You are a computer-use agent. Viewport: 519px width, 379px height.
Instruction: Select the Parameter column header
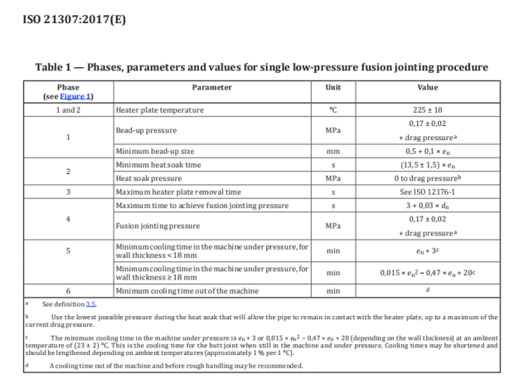212,87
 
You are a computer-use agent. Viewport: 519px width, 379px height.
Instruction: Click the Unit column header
333,87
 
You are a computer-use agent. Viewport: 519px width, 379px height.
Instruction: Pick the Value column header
427,87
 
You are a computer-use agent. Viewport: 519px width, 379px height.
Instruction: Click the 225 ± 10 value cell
427,109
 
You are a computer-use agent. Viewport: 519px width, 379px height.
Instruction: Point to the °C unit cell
333,109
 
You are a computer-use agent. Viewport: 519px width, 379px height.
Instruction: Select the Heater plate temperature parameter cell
160,109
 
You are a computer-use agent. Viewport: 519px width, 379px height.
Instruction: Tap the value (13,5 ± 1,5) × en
427,165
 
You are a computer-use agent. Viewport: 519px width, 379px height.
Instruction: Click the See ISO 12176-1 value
427,192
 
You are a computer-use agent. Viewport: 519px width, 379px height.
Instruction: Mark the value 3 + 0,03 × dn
427,205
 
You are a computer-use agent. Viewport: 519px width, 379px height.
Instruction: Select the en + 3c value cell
427,250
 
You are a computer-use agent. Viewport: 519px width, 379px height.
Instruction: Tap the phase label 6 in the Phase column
68,291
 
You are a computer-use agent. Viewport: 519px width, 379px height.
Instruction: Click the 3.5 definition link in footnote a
92,304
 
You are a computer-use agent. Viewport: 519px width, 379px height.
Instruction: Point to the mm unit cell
333,152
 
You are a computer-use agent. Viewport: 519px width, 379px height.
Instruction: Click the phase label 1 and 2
68,109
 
